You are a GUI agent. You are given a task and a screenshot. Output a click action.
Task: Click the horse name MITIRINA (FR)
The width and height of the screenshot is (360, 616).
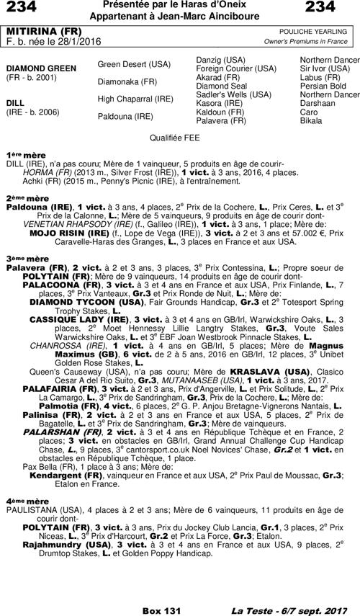click(x=43, y=32)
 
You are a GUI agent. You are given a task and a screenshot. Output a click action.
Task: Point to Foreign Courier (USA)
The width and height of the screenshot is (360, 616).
click(x=236, y=68)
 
